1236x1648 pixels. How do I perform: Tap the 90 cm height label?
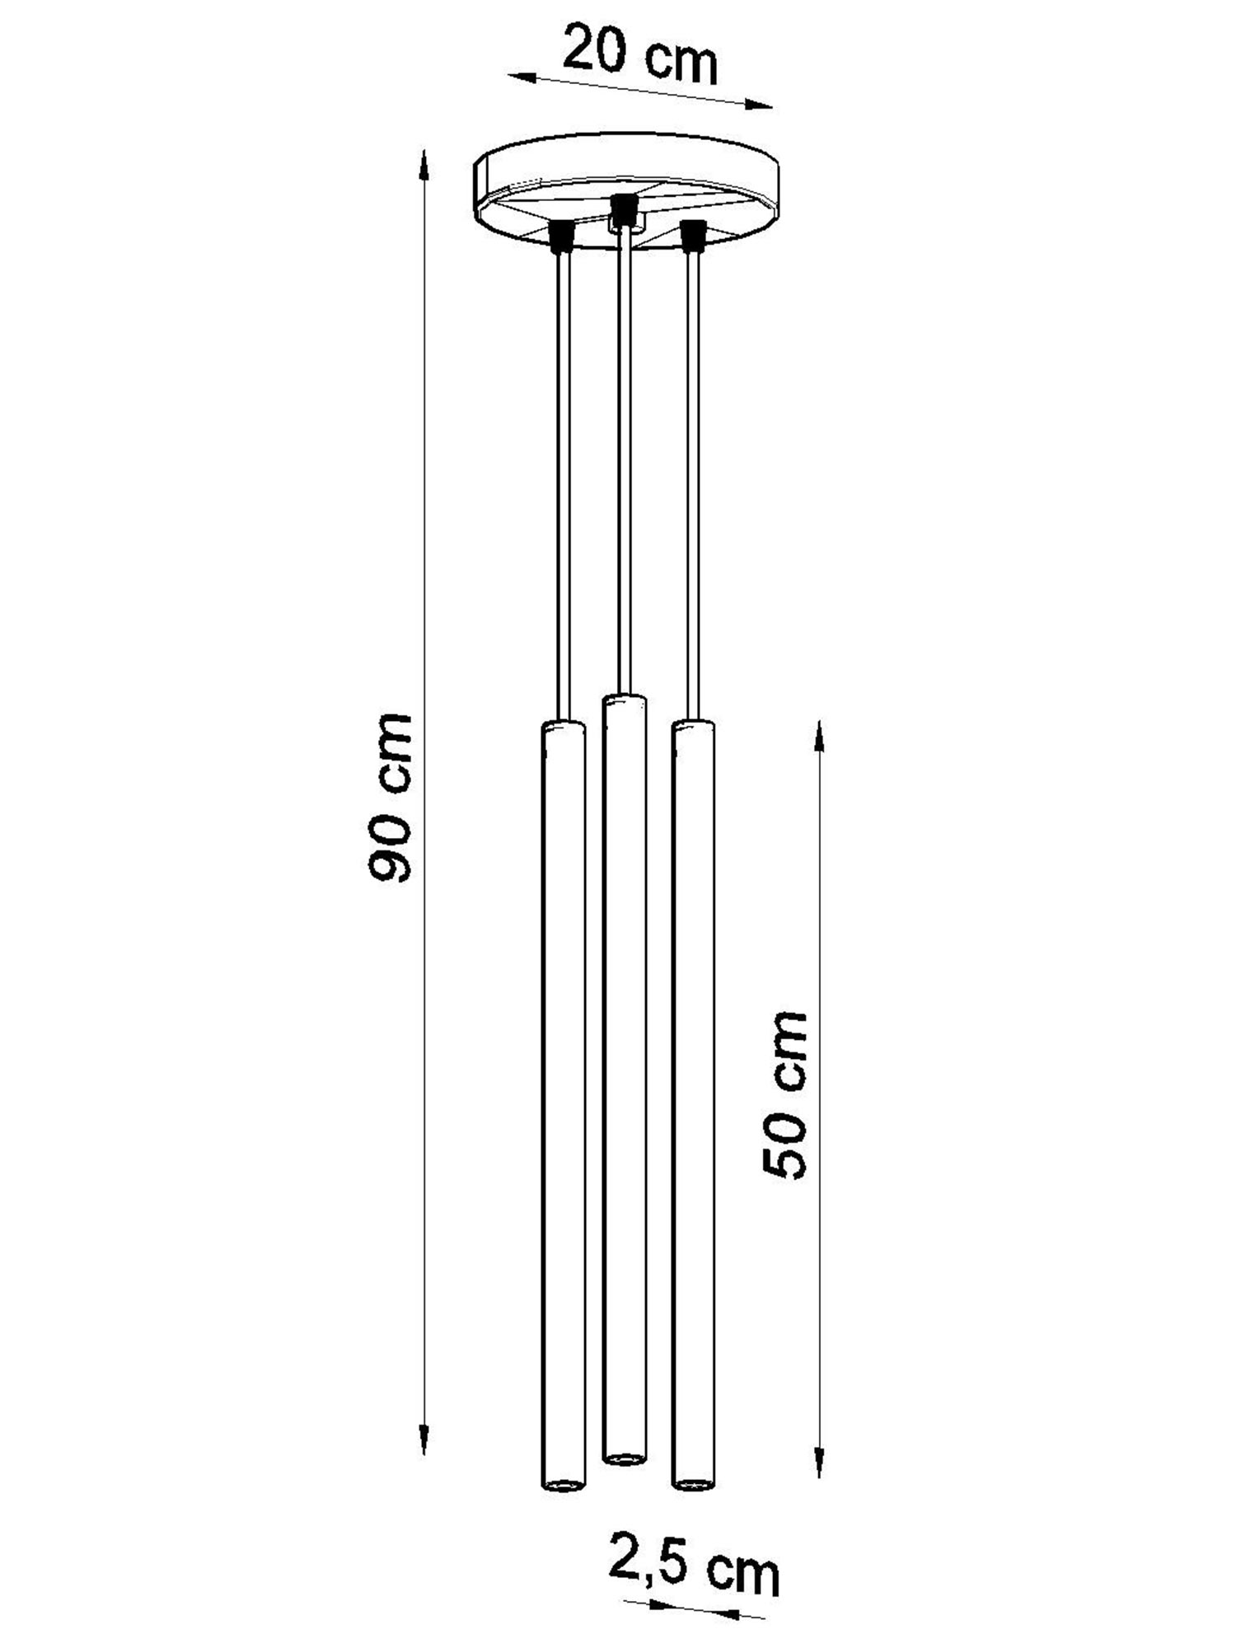point(389,798)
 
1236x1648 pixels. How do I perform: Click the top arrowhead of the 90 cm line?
point(424,164)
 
